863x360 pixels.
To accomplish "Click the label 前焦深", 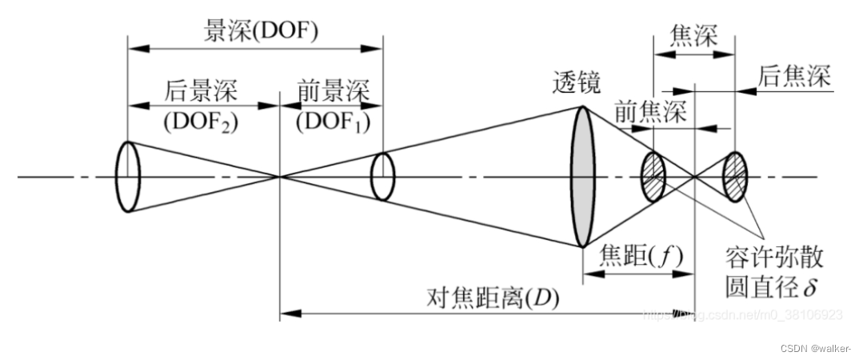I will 650,113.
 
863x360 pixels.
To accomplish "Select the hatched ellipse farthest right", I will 734,176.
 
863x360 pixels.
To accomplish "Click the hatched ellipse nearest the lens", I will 653,176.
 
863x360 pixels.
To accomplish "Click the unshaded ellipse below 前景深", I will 383,176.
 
